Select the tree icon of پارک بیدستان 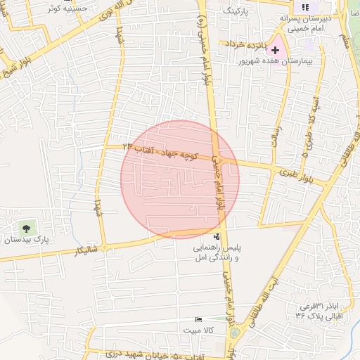27,228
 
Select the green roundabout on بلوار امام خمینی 234,333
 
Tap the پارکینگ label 236,12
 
